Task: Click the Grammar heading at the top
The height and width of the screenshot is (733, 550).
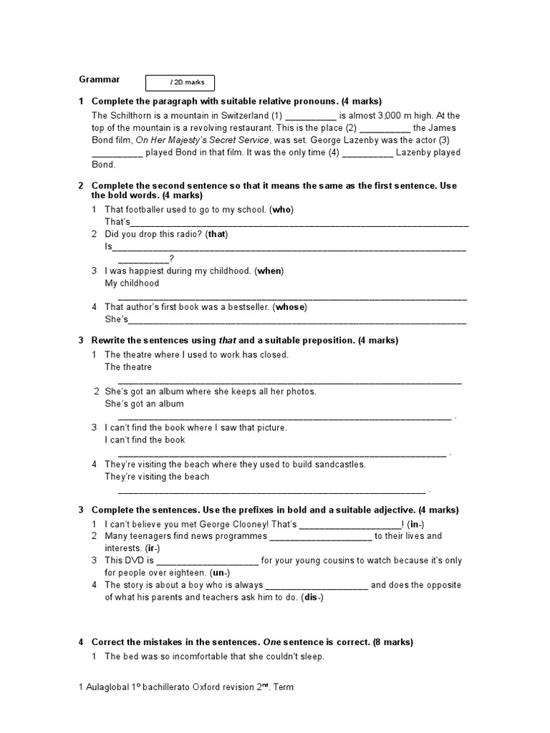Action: pos(99,79)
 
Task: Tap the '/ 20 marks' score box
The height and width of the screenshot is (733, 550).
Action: pos(180,82)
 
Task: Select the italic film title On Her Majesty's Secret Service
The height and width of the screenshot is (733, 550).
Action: pos(202,140)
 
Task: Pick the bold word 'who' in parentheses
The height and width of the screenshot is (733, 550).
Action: pos(283,210)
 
